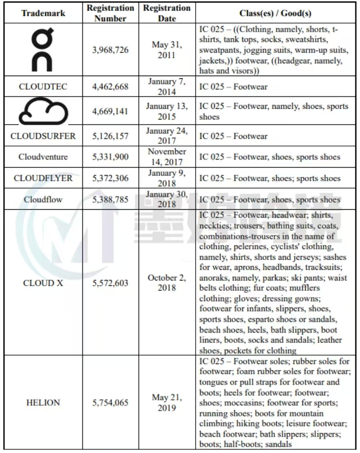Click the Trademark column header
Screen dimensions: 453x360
43,13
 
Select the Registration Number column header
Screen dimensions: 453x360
110,13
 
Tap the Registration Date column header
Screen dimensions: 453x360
166,13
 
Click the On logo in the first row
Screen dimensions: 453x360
43,50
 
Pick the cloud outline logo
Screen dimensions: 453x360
43,111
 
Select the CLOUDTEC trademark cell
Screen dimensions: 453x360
43,87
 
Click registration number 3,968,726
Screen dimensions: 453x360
110,50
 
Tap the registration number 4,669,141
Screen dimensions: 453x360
110,111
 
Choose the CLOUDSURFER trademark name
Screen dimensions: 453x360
43,136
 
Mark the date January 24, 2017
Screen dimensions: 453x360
166,136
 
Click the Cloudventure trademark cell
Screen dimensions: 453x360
43,157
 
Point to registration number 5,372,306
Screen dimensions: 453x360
110,178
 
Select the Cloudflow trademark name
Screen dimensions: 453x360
43,200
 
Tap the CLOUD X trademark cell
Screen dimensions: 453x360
43,283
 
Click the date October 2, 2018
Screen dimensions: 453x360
166,283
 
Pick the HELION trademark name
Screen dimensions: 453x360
43,403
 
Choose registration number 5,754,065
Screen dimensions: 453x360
110,403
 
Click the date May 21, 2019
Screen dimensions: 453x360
166,403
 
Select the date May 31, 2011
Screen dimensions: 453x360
166,50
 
